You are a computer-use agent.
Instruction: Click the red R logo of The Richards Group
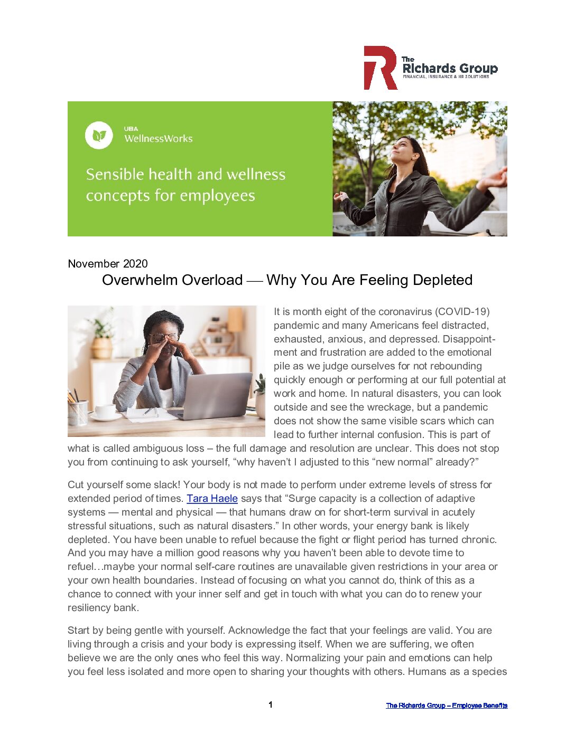click(380, 68)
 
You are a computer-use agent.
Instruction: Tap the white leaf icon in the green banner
click(99, 136)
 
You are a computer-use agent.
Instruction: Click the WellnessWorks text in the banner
click(159, 139)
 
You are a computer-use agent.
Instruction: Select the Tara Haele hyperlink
click(212, 499)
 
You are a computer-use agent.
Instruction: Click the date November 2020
click(108, 264)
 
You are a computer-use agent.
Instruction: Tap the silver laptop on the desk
click(217, 396)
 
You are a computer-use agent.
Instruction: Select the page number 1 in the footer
click(271, 705)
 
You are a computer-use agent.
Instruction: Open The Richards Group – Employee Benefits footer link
click(447, 706)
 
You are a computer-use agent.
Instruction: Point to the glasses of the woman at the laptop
click(164, 337)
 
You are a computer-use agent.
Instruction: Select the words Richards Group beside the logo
click(450, 69)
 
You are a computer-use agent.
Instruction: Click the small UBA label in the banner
click(131, 129)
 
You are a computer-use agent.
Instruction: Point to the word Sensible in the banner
click(115, 174)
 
